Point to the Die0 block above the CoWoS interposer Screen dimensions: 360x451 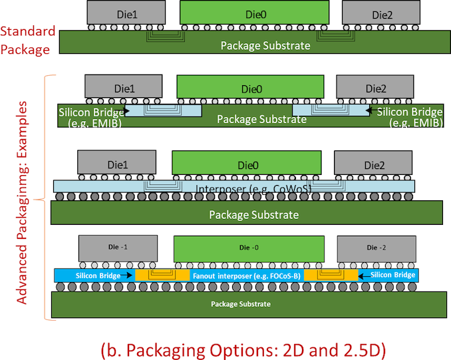[247, 162]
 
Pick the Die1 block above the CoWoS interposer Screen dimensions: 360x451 [117, 163]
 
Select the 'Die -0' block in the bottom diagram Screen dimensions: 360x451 [249, 248]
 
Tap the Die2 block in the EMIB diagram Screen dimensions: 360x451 [376, 87]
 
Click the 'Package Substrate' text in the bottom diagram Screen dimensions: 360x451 [241, 303]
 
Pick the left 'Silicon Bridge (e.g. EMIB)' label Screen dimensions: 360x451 [91, 117]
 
